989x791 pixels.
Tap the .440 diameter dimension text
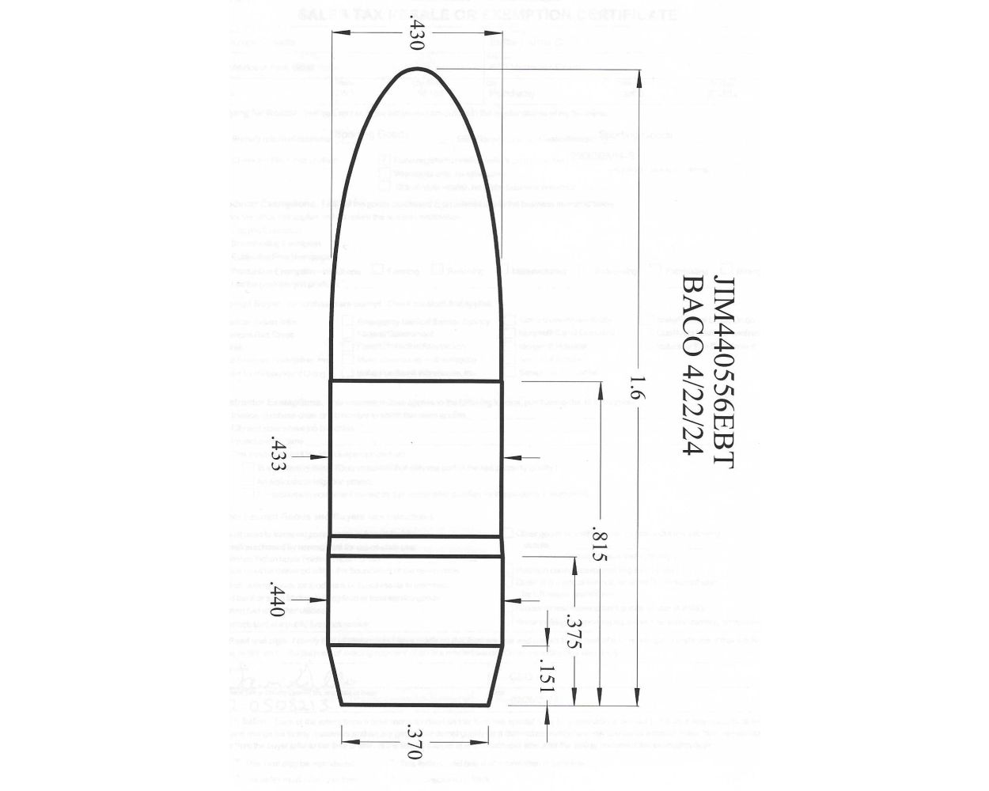point(277,601)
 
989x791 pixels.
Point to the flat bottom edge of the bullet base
point(416,704)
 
